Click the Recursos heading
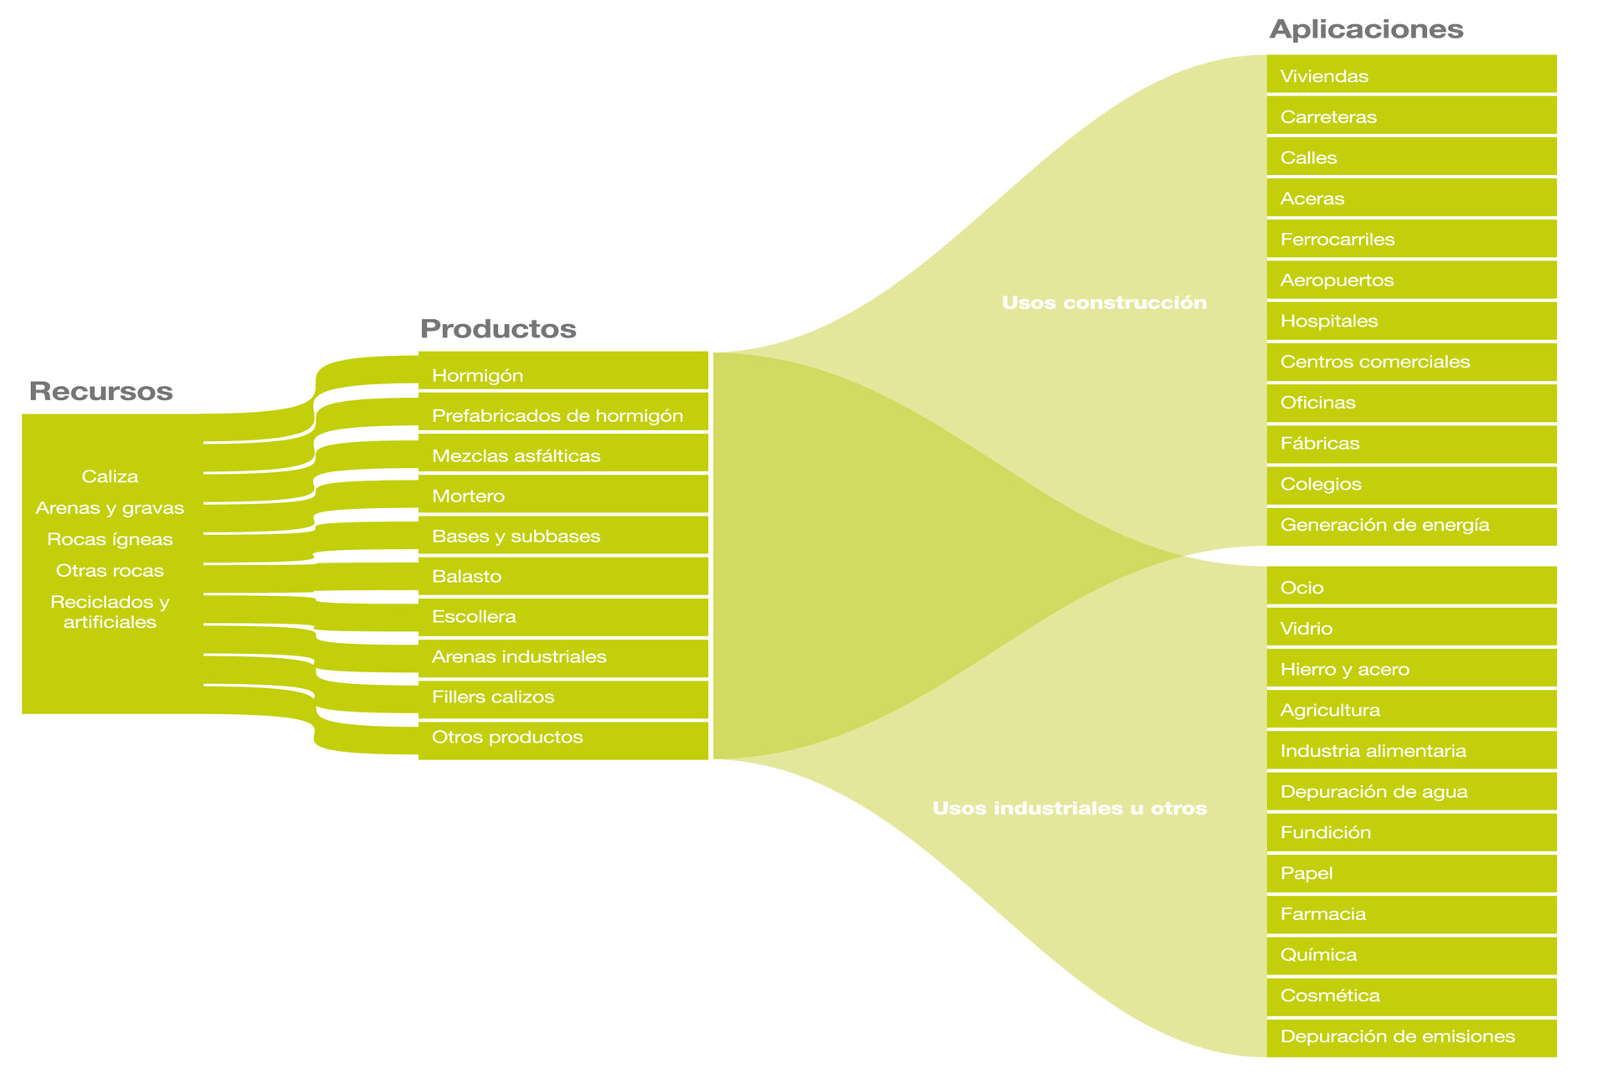pos(100,391)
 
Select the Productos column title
pos(498,328)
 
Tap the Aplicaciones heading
pos(1366,29)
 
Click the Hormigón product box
pos(562,371)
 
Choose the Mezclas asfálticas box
pos(562,453)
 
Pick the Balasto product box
pos(562,576)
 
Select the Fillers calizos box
pos(562,698)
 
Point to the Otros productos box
pos(562,739)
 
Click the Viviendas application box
pos(1411,75)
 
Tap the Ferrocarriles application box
pos(1411,239)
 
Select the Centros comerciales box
pos(1411,362)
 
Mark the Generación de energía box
pos(1411,526)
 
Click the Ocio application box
pos(1411,586)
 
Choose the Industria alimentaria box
pos(1411,750)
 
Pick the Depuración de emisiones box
pos(1411,1037)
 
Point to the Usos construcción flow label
pos(1104,303)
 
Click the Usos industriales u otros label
pos(1069,809)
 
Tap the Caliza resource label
pos(110,477)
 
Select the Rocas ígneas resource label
pos(110,540)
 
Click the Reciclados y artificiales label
pos(110,612)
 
